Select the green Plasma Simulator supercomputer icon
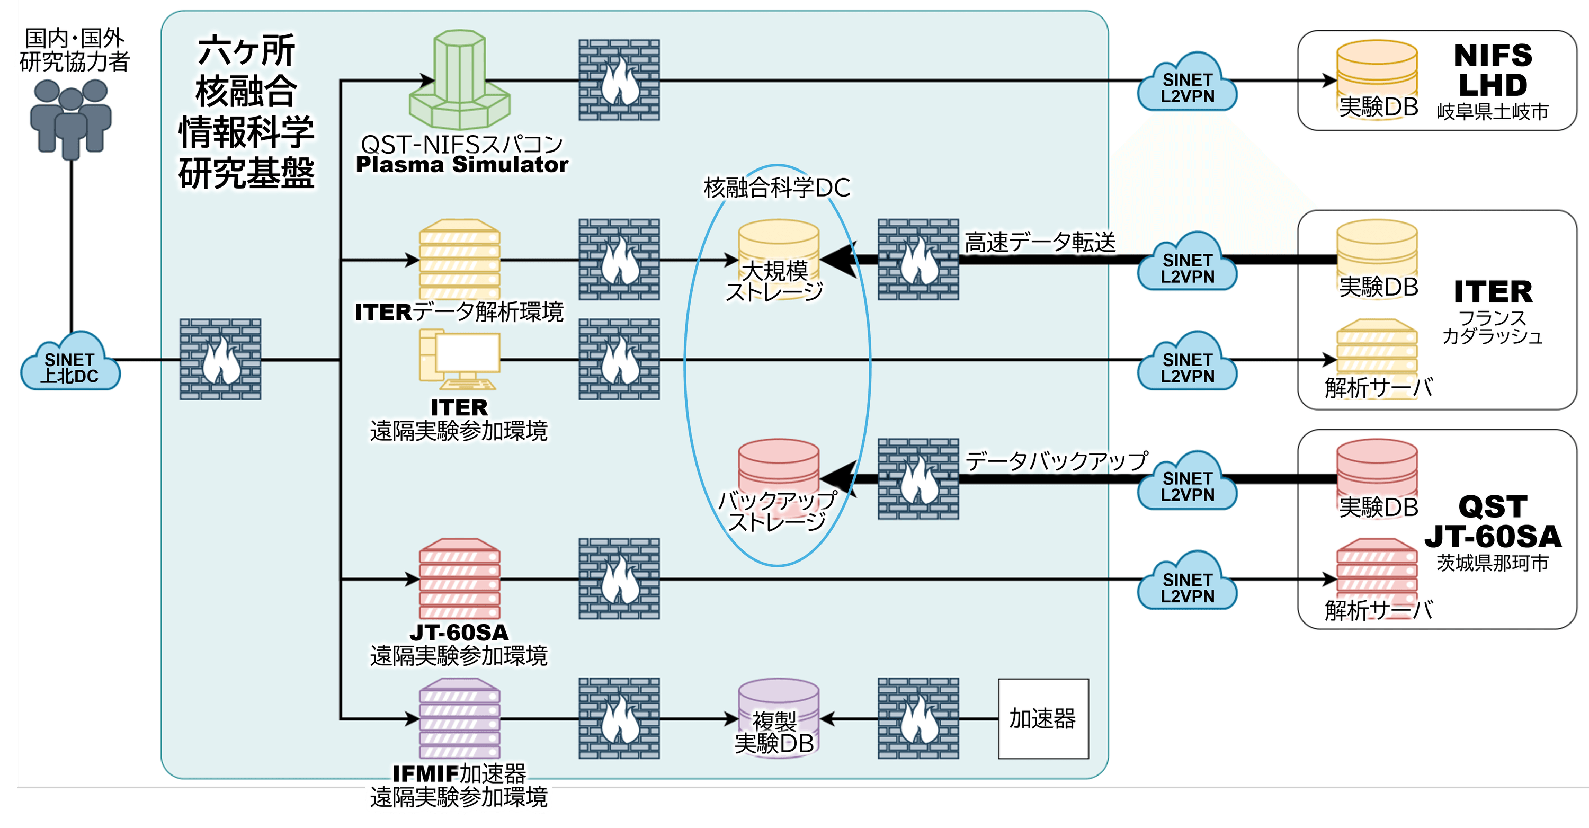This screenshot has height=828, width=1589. tap(460, 80)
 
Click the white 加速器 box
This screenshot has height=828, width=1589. tap(1043, 719)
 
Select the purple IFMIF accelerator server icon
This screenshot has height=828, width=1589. tap(460, 719)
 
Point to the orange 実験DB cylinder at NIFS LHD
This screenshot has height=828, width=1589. tap(1377, 77)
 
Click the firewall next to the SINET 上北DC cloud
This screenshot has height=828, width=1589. tap(220, 359)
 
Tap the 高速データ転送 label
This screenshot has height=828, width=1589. tap(1040, 242)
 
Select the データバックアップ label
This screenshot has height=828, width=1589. tap(1056, 461)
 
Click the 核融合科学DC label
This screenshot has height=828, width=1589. tap(776, 188)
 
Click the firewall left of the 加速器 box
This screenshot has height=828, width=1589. tap(918, 719)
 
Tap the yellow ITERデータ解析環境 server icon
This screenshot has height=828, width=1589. tap(460, 260)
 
